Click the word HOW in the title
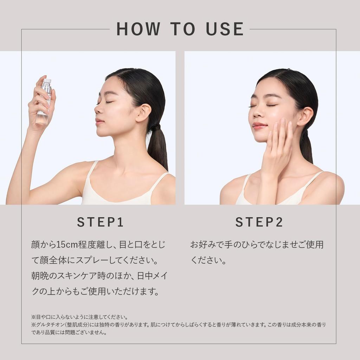(138, 29)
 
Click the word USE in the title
(225, 29)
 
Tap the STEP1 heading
(100, 222)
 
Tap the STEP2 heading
(259, 222)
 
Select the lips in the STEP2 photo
(259, 126)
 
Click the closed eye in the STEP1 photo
(109, 102)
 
